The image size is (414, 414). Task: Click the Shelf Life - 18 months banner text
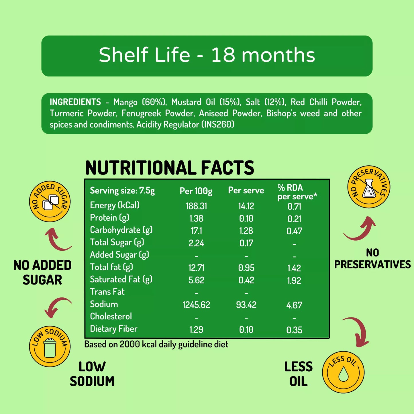point(207,55)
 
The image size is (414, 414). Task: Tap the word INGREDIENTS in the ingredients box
point(75,102)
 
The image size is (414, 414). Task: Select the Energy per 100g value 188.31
point(196,206)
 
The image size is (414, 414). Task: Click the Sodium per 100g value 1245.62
point(196,305)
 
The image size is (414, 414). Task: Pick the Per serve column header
point(246,191)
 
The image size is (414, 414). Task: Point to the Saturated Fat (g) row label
point(121,279)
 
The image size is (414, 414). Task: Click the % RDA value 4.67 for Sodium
point(294,305)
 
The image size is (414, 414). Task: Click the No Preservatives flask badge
point(369,187)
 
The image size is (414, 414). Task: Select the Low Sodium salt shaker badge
point(50,346)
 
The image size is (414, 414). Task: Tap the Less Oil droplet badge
point(343,372)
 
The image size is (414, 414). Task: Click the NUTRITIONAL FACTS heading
point(170,168)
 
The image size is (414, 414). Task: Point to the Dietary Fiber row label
point(114,329)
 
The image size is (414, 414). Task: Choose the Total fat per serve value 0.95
point(246,268)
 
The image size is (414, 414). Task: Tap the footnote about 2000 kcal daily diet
point(156,344)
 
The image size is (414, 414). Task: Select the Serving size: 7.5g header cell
point(122,191)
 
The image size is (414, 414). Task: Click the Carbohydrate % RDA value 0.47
point(294,231)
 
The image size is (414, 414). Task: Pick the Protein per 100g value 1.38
point(196,219)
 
